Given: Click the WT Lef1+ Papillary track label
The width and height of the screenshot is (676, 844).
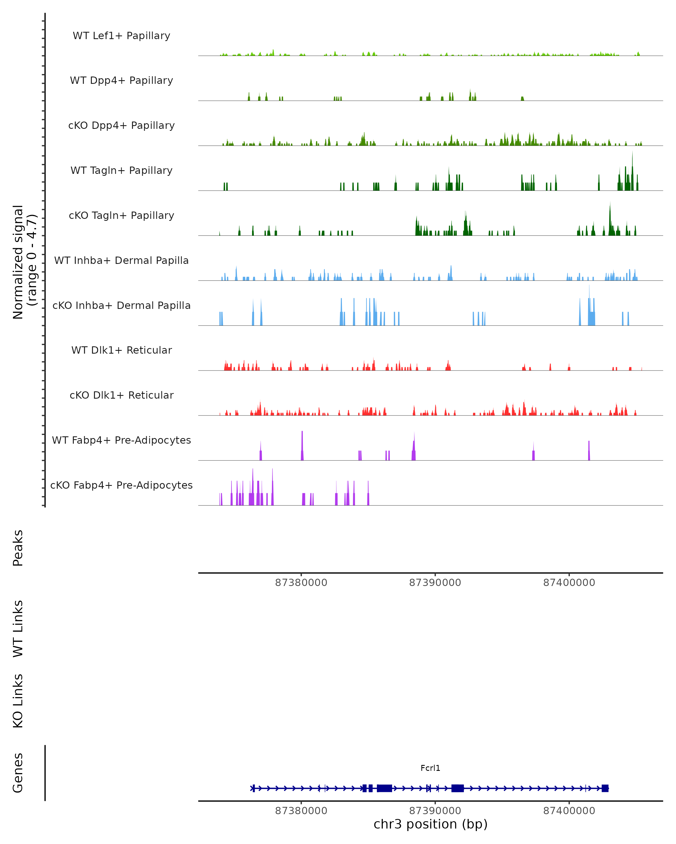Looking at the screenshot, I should pos(121,36).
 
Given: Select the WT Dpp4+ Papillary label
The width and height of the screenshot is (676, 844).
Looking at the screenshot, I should pos(121,81).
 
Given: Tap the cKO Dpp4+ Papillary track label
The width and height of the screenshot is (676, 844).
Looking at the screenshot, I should pos(121,126).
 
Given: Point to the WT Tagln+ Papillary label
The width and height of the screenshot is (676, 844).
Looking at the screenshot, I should pos(121,171).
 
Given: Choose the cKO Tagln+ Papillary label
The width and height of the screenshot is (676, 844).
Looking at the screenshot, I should pos(121,216).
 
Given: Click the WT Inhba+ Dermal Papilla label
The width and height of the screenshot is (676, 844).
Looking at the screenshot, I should pos(121,261).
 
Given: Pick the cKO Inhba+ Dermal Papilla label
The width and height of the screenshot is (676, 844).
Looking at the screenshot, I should pos(121,306).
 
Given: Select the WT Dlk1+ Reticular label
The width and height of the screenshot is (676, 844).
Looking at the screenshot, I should pos(121,350).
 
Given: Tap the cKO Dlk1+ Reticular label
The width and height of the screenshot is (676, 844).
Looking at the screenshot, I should pos(121,395).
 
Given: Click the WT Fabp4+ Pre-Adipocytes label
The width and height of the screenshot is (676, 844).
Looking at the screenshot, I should pos(121,440).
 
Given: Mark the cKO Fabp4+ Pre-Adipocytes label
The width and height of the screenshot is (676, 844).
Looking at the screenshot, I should pos(121,485).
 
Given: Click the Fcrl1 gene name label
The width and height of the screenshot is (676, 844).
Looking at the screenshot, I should pos(430,768).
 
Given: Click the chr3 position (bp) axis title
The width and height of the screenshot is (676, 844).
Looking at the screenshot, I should pos(430,824).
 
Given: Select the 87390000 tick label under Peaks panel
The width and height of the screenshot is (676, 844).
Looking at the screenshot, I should pos(435,583).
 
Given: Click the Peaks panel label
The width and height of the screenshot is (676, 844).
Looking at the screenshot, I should pos(18,548).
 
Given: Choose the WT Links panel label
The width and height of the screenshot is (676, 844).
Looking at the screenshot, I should pos(18,628).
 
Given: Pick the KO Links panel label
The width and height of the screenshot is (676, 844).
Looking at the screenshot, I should pos(18,701).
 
